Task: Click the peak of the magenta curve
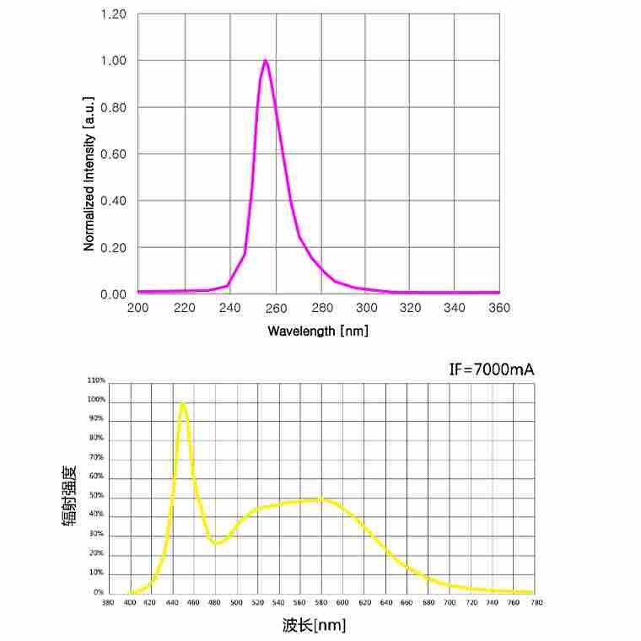(266, 61)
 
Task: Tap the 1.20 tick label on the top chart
(113, 14)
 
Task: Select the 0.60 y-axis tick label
(113, 154)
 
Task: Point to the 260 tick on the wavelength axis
(274, 308)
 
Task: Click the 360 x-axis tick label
(499, 308)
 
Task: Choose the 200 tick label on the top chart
(137, 308)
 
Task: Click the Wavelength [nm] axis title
(318, 331)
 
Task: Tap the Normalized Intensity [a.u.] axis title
(89, 174)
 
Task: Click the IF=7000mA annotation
(492, 369)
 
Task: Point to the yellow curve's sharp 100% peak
(182, 403)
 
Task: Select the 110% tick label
(96, 380)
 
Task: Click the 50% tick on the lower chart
(96, 496)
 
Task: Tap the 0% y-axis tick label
(99, 593)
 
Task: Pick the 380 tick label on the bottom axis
(108, 603)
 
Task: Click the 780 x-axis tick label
(536, 603)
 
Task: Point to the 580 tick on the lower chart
(321, 603)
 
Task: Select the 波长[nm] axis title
(314, 625)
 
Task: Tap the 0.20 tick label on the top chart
(113, 248)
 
